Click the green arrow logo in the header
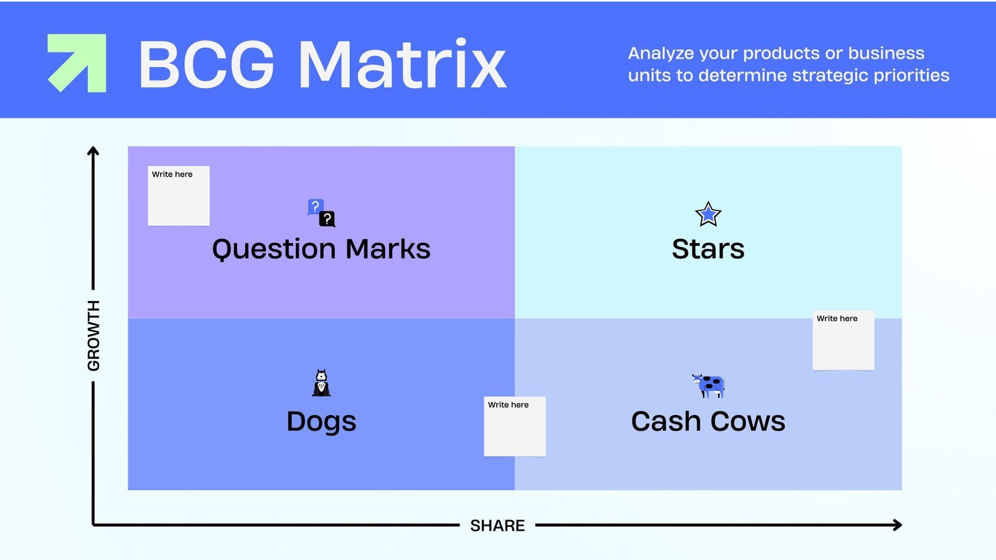(x=77, y=63)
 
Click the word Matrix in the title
(x=402, y=65)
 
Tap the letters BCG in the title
(x=206, y=65)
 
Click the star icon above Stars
(x=708, y=215)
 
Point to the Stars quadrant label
(x=708, y=249)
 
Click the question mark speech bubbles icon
(x=321, y=213)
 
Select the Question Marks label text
(x=321, y=249)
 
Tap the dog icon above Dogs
(x=321, y=383)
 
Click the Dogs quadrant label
(x=321, y=421)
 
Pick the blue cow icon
(x=708, y=386)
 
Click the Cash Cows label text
(x=708, y=421)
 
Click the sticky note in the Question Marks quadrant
(x=179, y=196)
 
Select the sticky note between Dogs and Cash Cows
(x=515, y=426)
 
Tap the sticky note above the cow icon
(x=843, y=340)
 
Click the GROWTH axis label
(x=93, y=335)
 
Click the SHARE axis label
(x=497, y=526)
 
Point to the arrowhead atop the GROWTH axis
(x=93, y=151)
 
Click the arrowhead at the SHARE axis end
(x=898, y=525)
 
